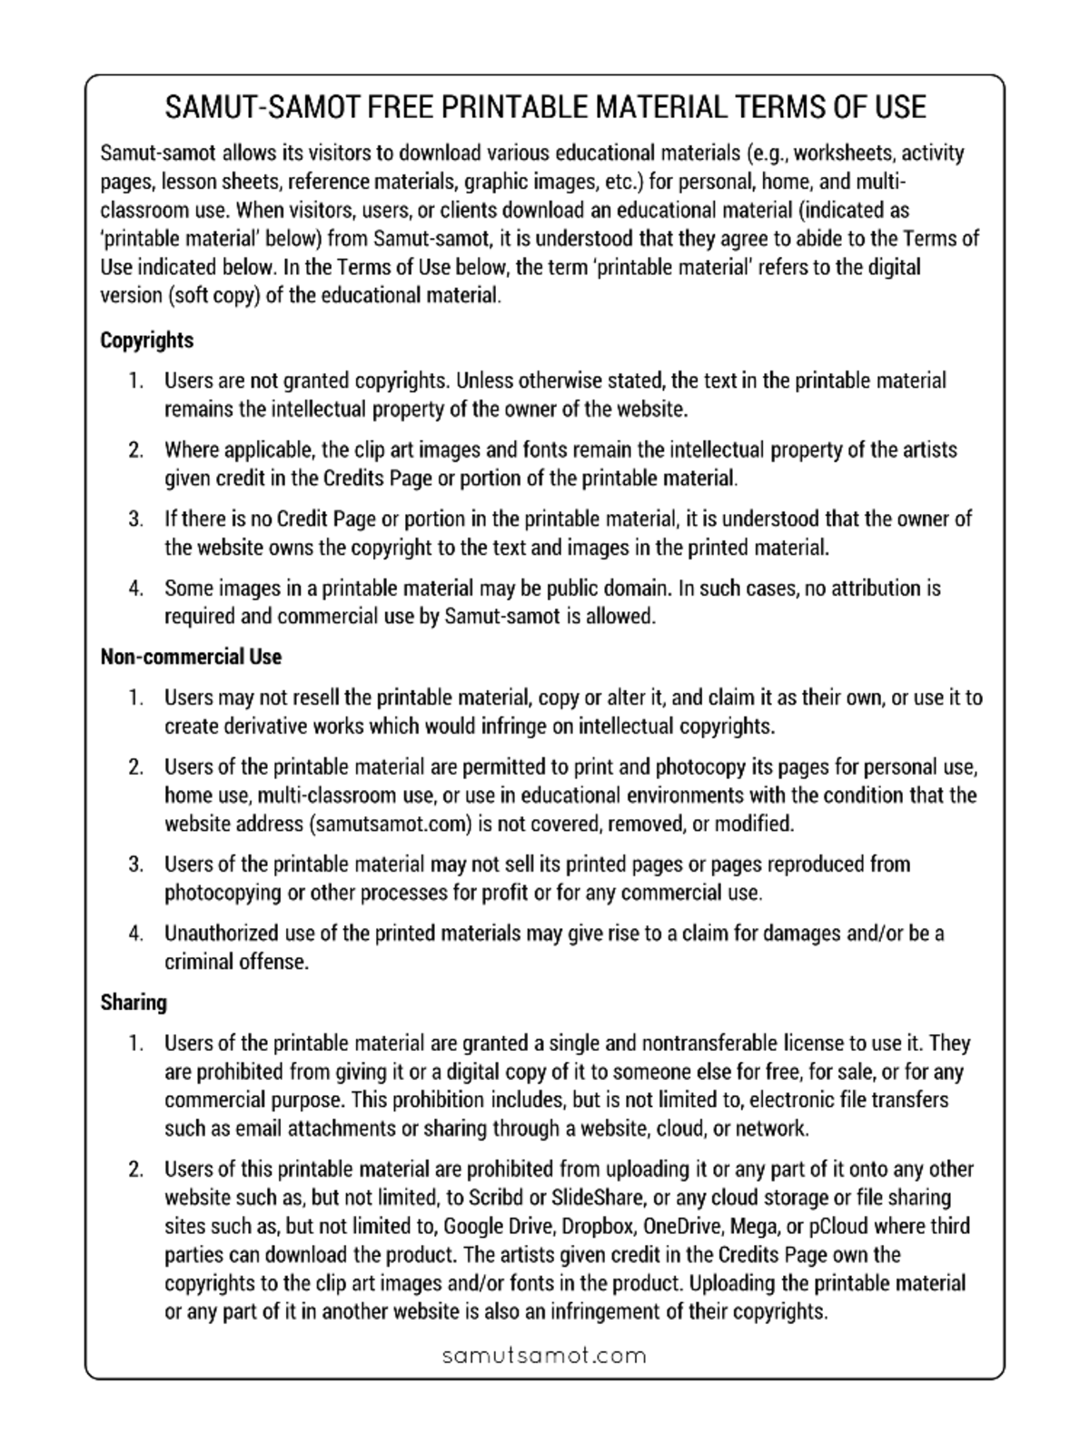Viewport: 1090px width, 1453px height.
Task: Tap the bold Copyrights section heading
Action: pos(146,341)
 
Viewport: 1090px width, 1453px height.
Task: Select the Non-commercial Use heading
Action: pos(191,657)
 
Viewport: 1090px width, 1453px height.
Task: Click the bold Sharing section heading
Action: pos(134,1003)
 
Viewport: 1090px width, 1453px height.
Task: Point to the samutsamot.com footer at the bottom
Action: pos(544,1356)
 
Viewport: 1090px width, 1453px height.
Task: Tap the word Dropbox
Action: pos(598,1226)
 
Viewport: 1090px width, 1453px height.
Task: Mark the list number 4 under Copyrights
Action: pos(135,588)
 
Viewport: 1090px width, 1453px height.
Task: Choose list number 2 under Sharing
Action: pos(135,1170)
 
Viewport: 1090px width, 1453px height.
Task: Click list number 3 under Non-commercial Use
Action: pos(135,865)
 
